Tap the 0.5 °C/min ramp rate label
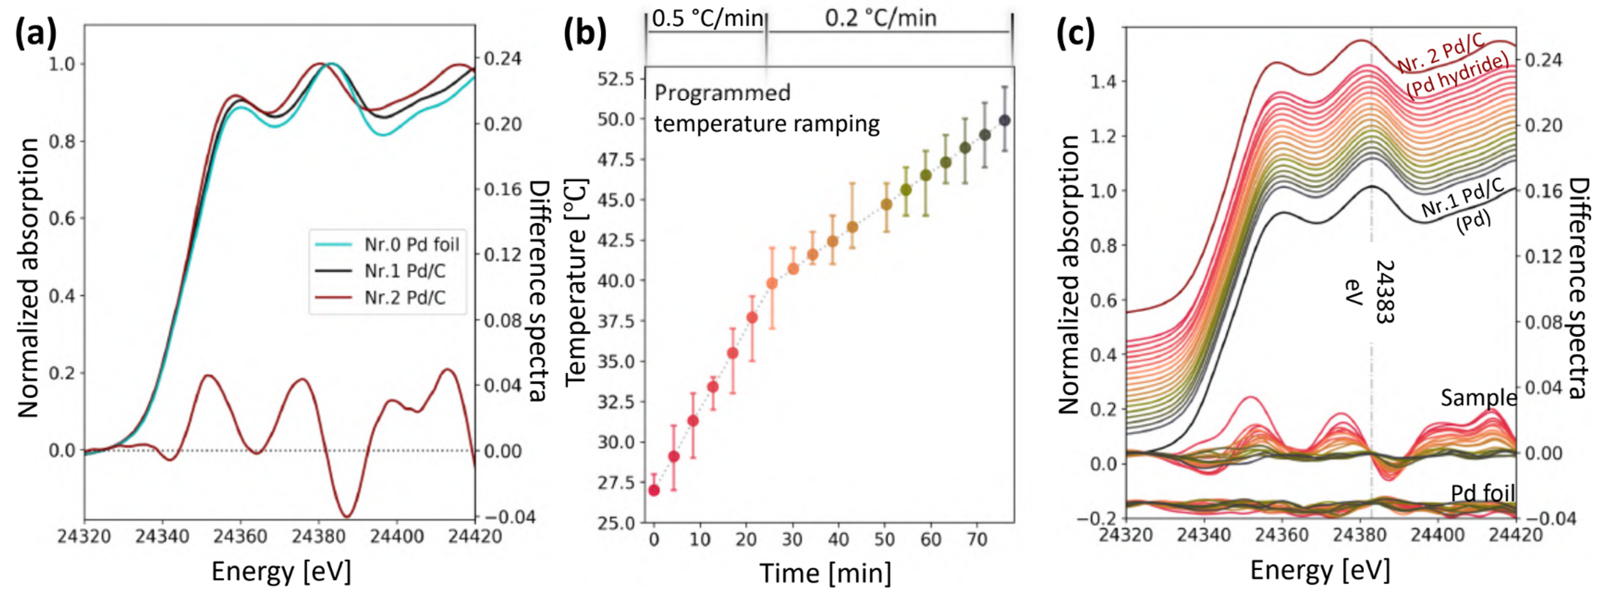point(707,19)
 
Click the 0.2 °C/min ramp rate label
point(881,19)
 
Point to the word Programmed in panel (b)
point(723,93)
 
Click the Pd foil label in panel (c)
point(1482,494)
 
